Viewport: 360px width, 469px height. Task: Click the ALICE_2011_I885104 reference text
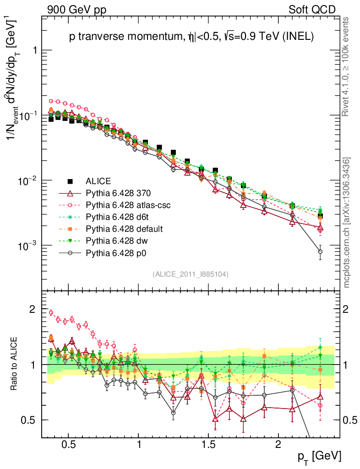tap(191, 274)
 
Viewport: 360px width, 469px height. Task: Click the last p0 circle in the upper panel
tap(320, 251)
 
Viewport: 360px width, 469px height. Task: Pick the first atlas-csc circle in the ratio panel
tap(51, 313)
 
